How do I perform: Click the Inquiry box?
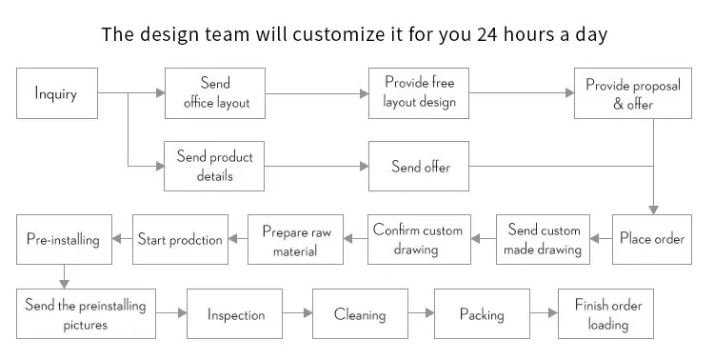[56, 93]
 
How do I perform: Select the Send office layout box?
[215, 93]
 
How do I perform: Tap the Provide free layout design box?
[419, 93]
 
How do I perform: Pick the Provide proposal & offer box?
[632, 93]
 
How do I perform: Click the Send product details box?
[215, 167]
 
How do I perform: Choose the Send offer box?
[419, 167]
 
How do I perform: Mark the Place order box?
[652, 239]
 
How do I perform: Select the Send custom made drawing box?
[544, 239]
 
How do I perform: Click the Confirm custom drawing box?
[418, 239]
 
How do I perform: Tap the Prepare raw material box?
[295, 239]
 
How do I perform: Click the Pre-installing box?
[63, 239]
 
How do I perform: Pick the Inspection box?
[236, 314]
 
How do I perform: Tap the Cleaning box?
[360, 314]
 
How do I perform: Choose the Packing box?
[481, 314]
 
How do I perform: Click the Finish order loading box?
[608, 314]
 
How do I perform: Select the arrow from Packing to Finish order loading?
[544, 313]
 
